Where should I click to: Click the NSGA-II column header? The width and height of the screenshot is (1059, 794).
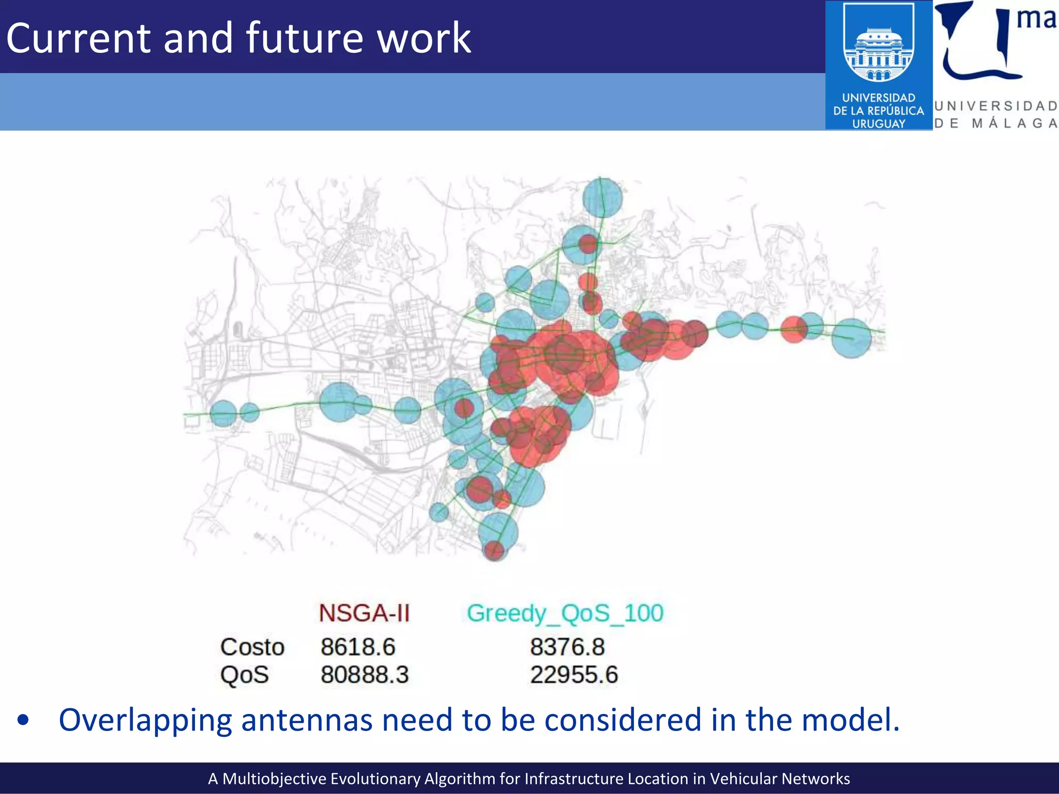(364, 613)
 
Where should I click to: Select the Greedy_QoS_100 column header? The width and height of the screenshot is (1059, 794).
(565, 614)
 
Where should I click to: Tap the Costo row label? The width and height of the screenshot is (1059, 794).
(252, 647)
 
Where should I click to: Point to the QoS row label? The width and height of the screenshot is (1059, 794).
(245, 675)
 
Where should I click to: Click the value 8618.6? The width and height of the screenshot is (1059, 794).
(358, 647)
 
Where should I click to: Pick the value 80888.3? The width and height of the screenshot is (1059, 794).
(365, 675)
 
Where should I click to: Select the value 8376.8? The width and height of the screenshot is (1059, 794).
(567, 647)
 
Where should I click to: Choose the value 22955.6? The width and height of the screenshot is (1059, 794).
(574, 675)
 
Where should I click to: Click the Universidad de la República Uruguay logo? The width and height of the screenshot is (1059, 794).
(879, 65)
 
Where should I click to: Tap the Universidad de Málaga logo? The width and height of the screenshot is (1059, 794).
(996, 65)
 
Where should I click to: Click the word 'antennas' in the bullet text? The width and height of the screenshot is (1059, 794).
(307, 720)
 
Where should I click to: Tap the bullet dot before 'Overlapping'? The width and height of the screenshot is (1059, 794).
(23, 720)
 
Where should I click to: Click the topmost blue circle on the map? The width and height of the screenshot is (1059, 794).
(602, 197)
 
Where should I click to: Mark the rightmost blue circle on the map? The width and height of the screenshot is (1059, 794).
(852, 339)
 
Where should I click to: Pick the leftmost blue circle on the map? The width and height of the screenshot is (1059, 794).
(223, 413)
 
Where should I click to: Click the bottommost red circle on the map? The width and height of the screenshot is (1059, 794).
(494, 551)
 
